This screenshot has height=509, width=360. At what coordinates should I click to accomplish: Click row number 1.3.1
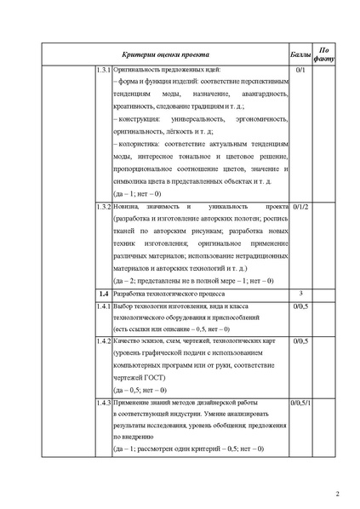[x=102, y=68]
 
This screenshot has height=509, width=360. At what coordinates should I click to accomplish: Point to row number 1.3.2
[x=102, y=207]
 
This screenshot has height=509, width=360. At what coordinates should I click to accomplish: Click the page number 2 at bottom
[x=336, y=491]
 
